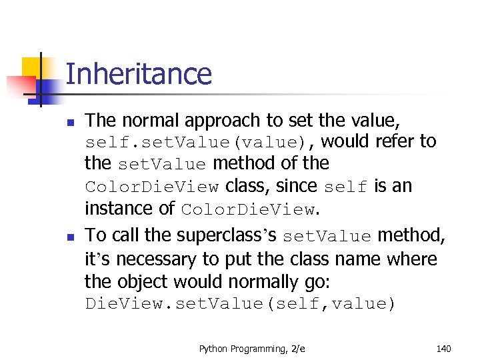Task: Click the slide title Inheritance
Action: [x=139, y=74]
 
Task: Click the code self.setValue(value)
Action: [x=193, y=142]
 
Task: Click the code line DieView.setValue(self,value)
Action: [x=240, y=305]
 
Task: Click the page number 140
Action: [x=443, y=347]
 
